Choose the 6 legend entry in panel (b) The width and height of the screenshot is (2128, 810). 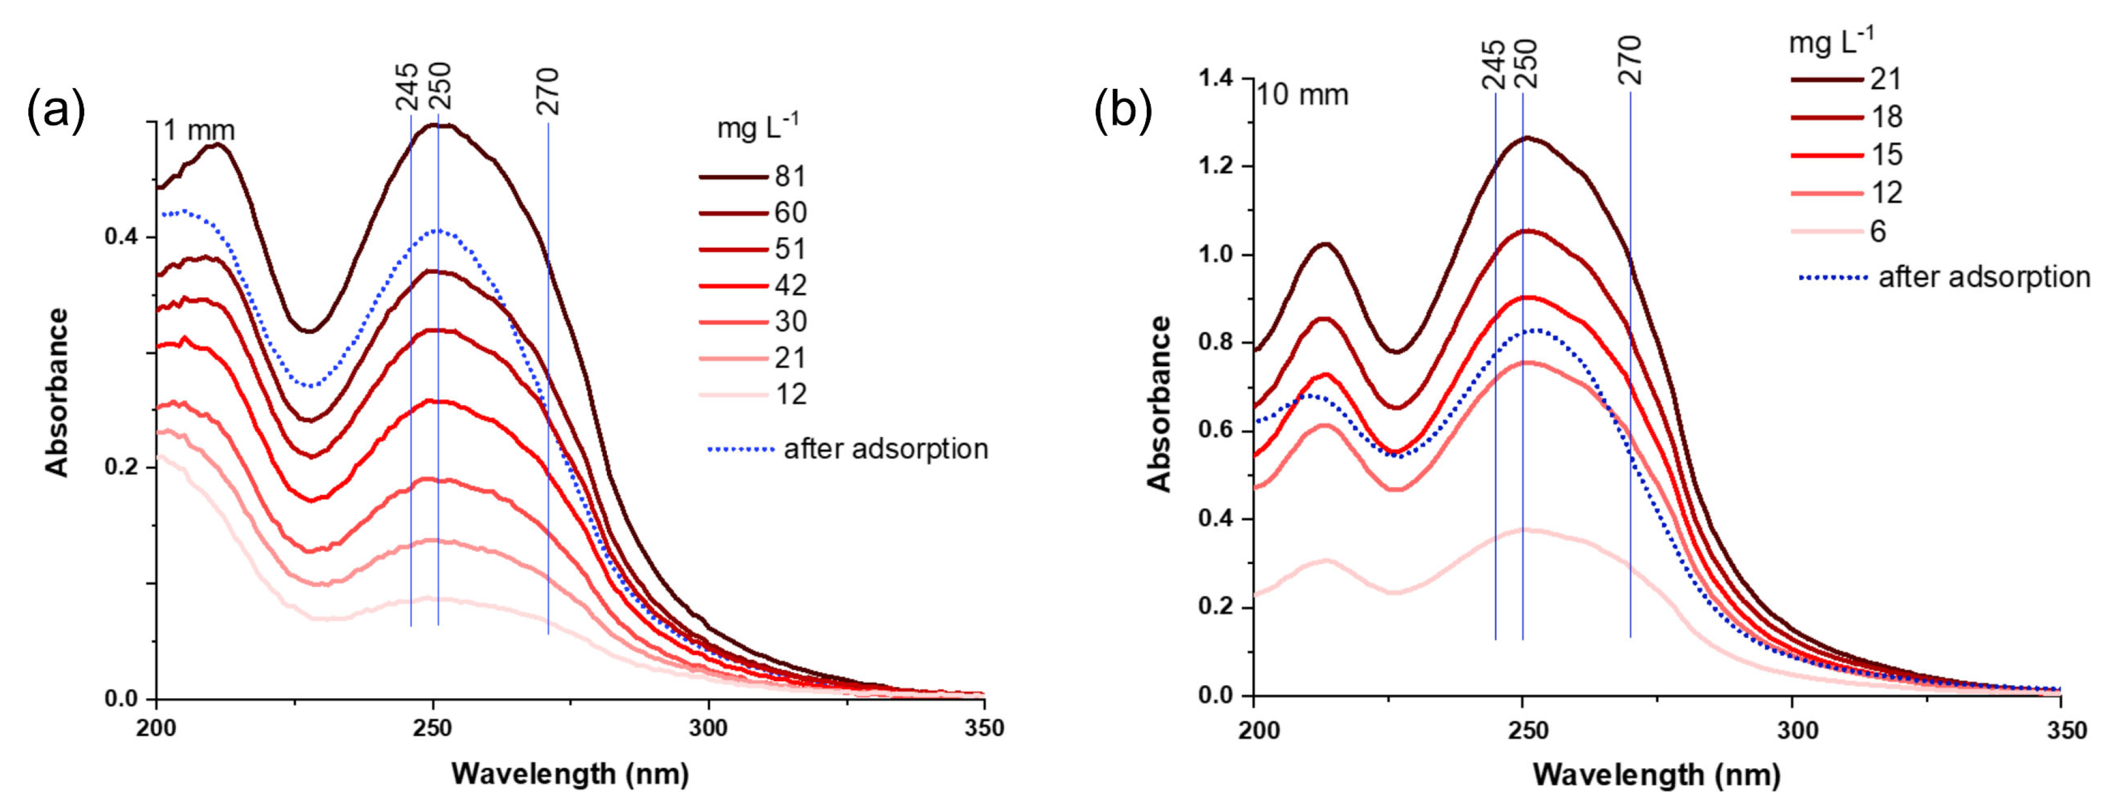[1877, 231]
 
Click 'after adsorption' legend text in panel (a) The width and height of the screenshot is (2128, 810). [886, 449]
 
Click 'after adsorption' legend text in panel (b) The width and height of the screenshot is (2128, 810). [1984, 277]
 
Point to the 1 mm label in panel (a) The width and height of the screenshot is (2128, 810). [199, 131]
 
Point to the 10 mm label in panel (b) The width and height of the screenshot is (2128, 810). [1303, 94]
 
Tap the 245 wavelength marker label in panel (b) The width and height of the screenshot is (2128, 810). [1493, 65]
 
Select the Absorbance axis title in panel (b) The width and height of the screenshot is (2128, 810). [1160, 403]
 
